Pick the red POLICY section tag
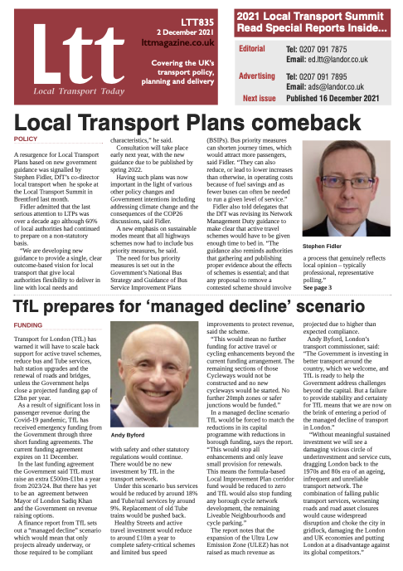pyautogui.click(x=27, y=139)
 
